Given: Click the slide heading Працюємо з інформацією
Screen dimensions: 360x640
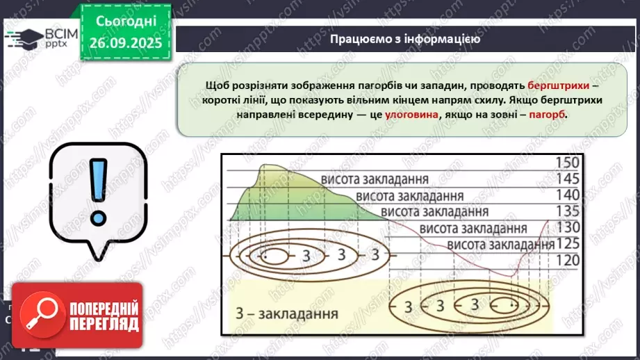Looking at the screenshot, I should pos(405,39).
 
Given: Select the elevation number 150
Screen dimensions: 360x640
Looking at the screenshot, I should pos(566,163).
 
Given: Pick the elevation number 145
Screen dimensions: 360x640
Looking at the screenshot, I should pos(566,179).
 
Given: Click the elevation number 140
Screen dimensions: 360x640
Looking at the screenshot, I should pos(566,194).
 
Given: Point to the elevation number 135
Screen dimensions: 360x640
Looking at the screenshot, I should pos(566,210).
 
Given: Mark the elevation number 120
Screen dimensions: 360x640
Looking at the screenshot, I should pos(566,259).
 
